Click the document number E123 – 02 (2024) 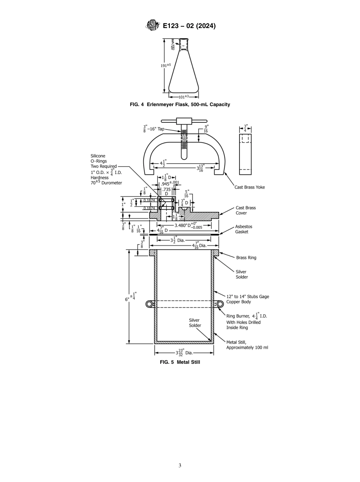pyautogui.click(x=189, y=26)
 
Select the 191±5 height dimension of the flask pyautogui.click(x=166, y=65)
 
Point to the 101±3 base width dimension pyautogui.click(x=183, y=97)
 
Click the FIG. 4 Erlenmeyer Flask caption pyautogui.click(x=180, y=105)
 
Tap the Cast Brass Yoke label pyautogui.click(x=249, y=187)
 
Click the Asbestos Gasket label pyautogui.click(x=243, y=229)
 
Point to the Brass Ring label pyautogui.click(x=246, y=258)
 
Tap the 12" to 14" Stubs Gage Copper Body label pyautogui.click(x=247, y=299)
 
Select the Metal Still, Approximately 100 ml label pyautogui.click(x=247, y=345)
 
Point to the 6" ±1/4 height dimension pyautogui.click(x=131, y=297)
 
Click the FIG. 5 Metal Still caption pyautogui.click(x=180, y=362)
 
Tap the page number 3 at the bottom pyautogui.click(x=180, y=465)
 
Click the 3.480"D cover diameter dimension pyautogui.click(x=188, y=225)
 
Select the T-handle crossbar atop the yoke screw pyautogui.click(x=184, y=122)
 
